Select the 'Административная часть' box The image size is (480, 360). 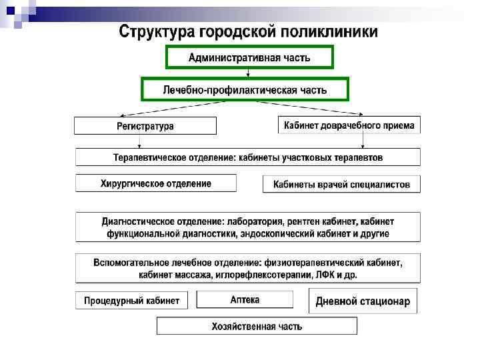tap(249, 58)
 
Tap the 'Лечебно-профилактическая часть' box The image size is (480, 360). tap(245, 89)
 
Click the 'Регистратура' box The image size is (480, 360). tap(145, 125)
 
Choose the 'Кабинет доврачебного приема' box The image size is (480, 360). tap(349, 125)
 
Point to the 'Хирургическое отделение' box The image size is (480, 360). tap(156, 183)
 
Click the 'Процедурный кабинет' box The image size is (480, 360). tap(131, 301)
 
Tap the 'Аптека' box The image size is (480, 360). tap(245, 300)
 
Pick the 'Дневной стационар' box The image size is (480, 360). tap(363, 301)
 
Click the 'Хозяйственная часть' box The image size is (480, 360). tap(257, 326)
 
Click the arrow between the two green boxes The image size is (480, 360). tap(249, 73)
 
